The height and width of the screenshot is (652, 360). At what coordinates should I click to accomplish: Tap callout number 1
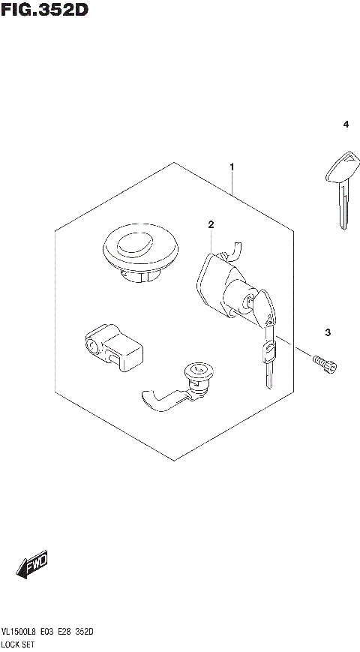[232, 166]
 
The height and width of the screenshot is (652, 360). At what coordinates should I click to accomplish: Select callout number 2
[211, 224]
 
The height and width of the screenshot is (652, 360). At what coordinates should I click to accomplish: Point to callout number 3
[328, 332]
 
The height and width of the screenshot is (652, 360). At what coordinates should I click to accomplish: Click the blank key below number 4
[340, 188]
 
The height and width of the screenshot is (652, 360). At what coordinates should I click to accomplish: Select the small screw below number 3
[324, 363]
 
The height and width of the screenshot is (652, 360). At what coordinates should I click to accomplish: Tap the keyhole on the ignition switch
[247, 302]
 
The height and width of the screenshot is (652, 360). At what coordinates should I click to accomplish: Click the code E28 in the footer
[64, 632]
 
